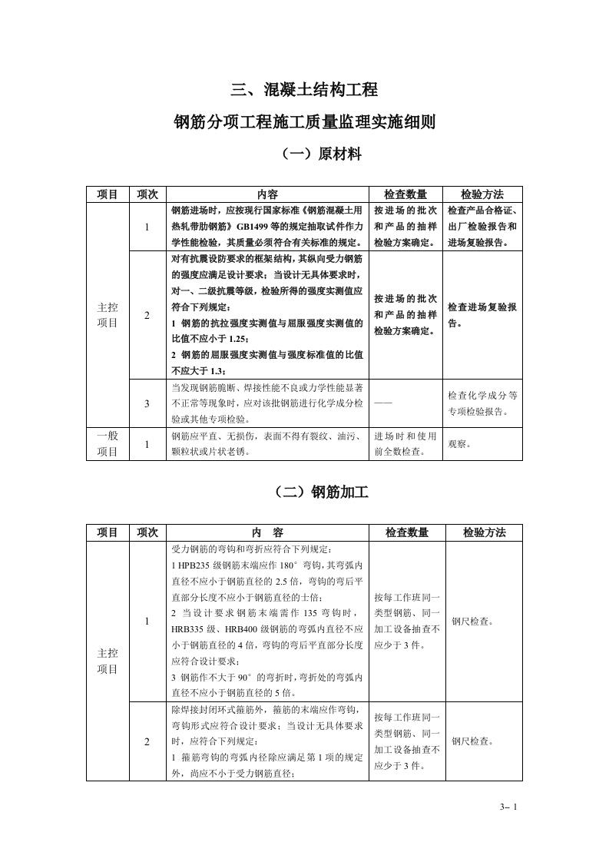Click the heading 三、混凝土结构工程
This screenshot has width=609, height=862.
pyautogui.click(x=305, y=90)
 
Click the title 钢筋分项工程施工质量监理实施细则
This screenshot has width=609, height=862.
pyautogui.click(x=305, y=121)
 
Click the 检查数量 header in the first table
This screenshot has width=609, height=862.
pyautogui.click(x=406, y=194)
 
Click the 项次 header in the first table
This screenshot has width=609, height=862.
pyautogui.click(x=147, y=194)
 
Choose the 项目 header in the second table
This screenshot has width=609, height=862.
pyautogui.click(x=108, y=532)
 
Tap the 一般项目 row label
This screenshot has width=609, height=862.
pyautogui.click(x=108, y=443)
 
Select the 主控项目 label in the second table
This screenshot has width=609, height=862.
pyautogui.click(x=108, y=661)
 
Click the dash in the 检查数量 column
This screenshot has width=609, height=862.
pyautogui.click(x=382, y=402)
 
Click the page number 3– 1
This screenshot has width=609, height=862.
pyautogui.click(x=509, y=807)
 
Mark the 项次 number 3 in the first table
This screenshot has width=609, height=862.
pyautogui.click(x=147, y=403)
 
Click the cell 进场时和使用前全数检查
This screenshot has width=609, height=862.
pyautogui.click(x=406, y=443)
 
